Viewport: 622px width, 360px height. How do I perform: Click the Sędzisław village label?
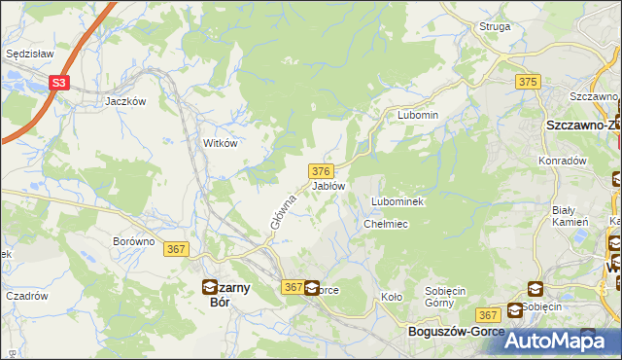(27, 54)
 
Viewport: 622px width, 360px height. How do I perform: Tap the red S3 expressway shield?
(60, 84)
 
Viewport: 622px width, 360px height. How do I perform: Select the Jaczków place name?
(125, 100)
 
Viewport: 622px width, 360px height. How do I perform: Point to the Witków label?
(220, 142)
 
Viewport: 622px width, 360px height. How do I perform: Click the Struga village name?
(495, 26)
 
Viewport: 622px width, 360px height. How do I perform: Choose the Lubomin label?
(418, 115)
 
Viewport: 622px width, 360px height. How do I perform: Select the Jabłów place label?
(328, 185)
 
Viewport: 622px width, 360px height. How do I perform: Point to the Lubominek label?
(395, 201)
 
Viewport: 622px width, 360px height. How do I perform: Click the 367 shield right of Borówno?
(177, 249)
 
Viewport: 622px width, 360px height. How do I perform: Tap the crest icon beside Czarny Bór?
(209, 286)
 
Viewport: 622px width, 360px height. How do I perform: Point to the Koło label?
(391, 297)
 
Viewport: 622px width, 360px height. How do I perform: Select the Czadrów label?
(27, 296)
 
